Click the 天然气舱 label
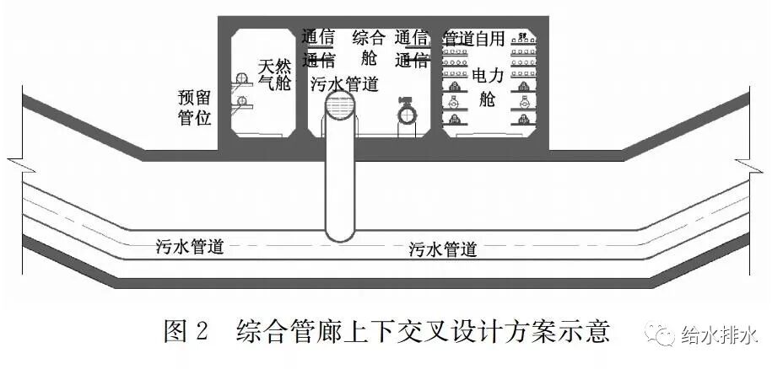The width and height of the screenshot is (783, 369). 273,74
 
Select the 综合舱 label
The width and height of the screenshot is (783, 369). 368,47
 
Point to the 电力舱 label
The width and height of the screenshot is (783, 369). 487,87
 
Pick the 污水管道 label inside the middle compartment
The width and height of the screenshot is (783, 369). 344,83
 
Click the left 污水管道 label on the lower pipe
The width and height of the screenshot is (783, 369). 190,247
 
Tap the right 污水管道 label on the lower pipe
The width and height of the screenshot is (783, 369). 443,249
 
